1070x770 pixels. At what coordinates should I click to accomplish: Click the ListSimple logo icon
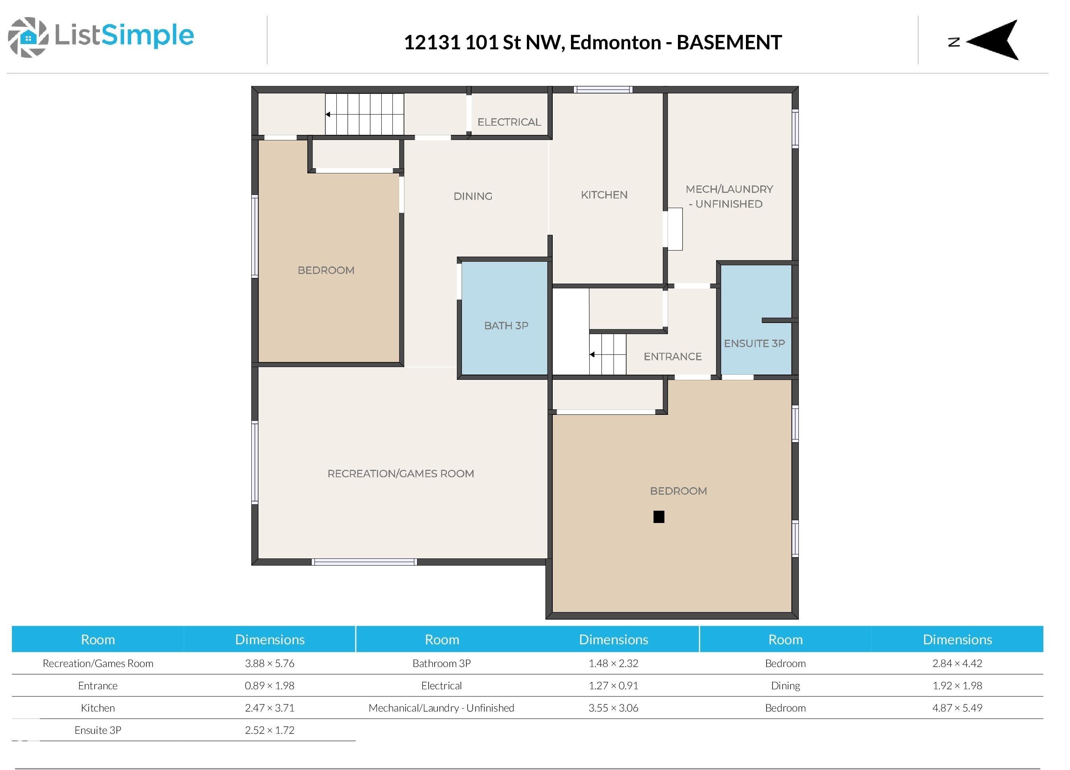coord(28,37)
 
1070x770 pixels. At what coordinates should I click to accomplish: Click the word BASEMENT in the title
coord(729,43)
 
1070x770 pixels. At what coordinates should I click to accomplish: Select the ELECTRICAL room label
coord(509,122)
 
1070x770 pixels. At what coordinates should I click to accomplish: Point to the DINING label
coord(473,196)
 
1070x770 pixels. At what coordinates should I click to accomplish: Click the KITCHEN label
coord(604,195)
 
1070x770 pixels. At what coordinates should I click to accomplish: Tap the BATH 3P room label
coord(506,326)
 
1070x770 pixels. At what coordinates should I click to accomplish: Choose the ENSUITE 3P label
coord(754,344)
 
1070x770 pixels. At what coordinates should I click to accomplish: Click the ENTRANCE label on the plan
coord(672,357)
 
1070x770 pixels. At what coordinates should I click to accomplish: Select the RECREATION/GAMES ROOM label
coord(400,474)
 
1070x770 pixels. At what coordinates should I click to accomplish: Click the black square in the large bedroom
coord(658,517)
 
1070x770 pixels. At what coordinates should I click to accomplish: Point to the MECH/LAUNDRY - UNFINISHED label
coord(729,196)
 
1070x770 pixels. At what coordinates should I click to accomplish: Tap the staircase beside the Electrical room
coord(364,114)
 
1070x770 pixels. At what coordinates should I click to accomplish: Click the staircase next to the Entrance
coord(608,354)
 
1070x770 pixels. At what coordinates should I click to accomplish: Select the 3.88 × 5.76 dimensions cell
coord(269,663)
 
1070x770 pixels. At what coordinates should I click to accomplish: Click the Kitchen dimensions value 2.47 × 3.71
coord(269,708)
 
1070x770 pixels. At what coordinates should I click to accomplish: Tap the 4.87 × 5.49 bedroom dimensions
coord(957,708)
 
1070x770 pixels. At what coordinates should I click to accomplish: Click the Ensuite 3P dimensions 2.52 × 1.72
coord(269,730)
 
